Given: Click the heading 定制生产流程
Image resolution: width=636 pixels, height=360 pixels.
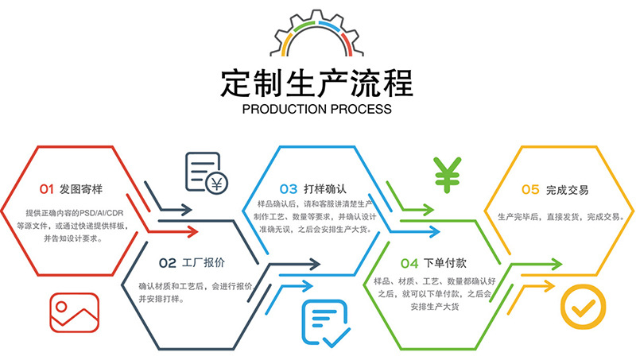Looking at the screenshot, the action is click(316, 83).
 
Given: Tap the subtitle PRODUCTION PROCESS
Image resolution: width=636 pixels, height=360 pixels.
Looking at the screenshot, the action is click(316, 109).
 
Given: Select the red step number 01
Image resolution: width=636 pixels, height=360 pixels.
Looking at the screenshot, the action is click(47, 189).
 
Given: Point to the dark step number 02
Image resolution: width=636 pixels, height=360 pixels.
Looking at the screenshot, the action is click(168, 263).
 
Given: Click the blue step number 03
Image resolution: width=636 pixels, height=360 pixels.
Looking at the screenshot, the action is click(289, 189).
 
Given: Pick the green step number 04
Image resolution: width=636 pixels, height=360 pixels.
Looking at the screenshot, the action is click(409, 264).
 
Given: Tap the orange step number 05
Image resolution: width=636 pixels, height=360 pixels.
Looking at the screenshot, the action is click(530, 189).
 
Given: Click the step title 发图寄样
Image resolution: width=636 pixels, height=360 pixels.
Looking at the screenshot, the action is click(81, 189).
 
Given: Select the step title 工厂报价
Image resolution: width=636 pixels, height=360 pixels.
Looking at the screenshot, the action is click(204, 263).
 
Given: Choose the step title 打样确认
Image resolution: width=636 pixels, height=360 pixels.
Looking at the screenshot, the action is click(325, 189).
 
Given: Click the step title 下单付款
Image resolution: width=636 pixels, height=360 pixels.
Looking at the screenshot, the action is click(445, 263).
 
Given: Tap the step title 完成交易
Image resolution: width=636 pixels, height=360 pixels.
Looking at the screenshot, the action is click(567, 190).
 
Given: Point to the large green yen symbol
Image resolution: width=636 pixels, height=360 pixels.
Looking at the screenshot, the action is click(447, 175).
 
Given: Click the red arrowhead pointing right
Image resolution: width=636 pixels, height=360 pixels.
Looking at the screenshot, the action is click(192, 231).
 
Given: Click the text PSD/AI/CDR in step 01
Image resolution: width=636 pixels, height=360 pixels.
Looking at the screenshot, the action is click(101, 213).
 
